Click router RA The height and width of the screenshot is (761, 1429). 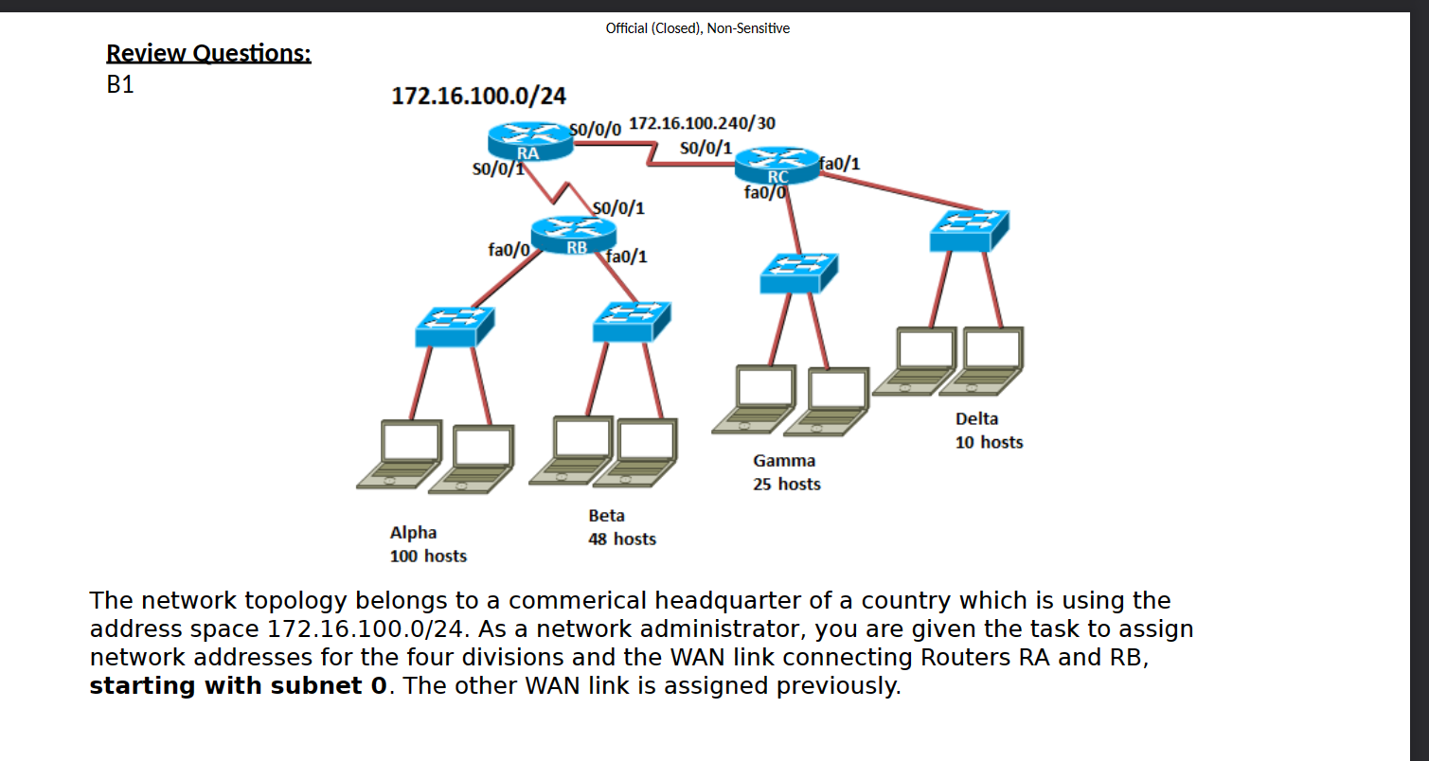(529, 143)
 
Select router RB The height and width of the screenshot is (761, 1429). (574, 235)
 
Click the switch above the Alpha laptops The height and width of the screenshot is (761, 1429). (454, 326)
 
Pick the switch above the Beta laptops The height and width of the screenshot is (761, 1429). (631, 321)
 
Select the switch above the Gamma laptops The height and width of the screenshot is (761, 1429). (798, 273)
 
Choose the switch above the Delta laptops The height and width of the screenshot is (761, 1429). (969, 230)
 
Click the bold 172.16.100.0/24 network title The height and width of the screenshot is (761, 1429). (478, 96)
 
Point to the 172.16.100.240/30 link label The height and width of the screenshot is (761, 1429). (702, 123)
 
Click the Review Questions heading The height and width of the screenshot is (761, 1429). (208, 53)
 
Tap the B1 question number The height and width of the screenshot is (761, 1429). (120, 84)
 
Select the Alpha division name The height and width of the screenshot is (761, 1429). (414, 533)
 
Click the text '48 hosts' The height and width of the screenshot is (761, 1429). (621, 540)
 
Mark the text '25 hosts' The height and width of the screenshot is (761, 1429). (786, 485)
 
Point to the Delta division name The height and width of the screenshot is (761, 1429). (976, 418)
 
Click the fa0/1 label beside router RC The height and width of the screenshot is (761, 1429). (840, 164)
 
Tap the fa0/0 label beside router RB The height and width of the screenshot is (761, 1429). (508, 250)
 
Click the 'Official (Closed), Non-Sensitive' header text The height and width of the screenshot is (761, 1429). (697, 28)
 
